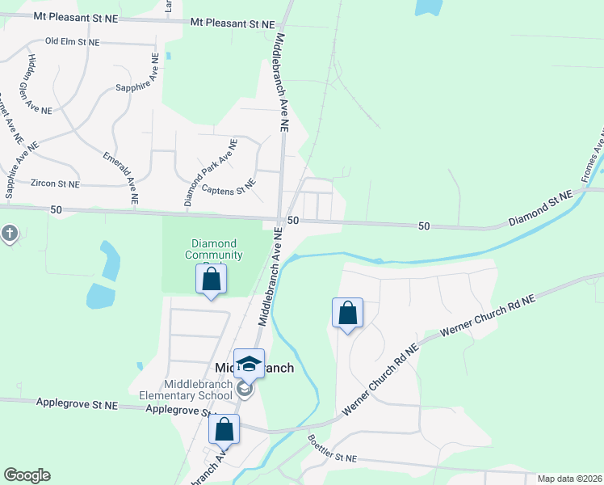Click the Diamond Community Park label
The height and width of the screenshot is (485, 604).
click(x=214, y=249)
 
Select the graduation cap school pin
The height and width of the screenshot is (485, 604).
click(x=249, y=365)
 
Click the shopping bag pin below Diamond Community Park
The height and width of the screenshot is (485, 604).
click(x=211, y=280)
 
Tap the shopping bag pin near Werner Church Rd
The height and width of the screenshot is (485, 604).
click(x=347, y=313)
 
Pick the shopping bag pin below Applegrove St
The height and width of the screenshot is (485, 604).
click(x=224, y=429)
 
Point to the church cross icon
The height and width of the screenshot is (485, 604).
click(x=9, y=234)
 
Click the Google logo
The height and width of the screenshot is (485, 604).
click(x=27, y=475)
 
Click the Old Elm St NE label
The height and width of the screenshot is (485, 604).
click(x=73, y=41)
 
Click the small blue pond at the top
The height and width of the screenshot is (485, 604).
click(x=429, y=6)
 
